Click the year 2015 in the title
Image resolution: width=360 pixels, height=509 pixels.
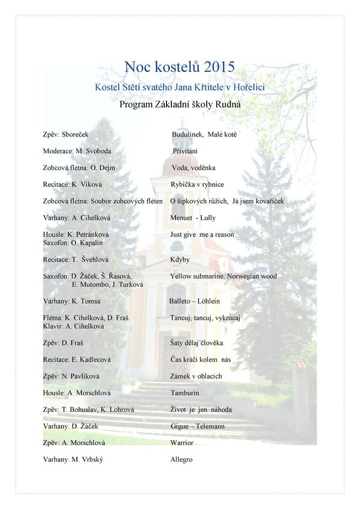click(219, 66)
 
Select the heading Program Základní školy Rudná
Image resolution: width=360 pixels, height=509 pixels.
click(180, 105)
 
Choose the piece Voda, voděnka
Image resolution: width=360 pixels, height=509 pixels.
click(193, 168)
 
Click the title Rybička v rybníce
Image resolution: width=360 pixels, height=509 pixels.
click(197, 184)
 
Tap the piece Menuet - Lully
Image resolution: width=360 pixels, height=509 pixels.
click(193, 218)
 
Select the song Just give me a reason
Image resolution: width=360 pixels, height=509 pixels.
click(202, 235)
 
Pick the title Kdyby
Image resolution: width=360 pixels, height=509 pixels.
click(180, 260)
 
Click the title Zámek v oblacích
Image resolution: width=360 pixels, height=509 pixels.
click(196, 376)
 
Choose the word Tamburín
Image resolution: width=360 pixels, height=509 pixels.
click(184, 393)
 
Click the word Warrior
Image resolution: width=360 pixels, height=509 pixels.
click(181, 443)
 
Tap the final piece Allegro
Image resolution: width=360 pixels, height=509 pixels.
click(181, 459)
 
